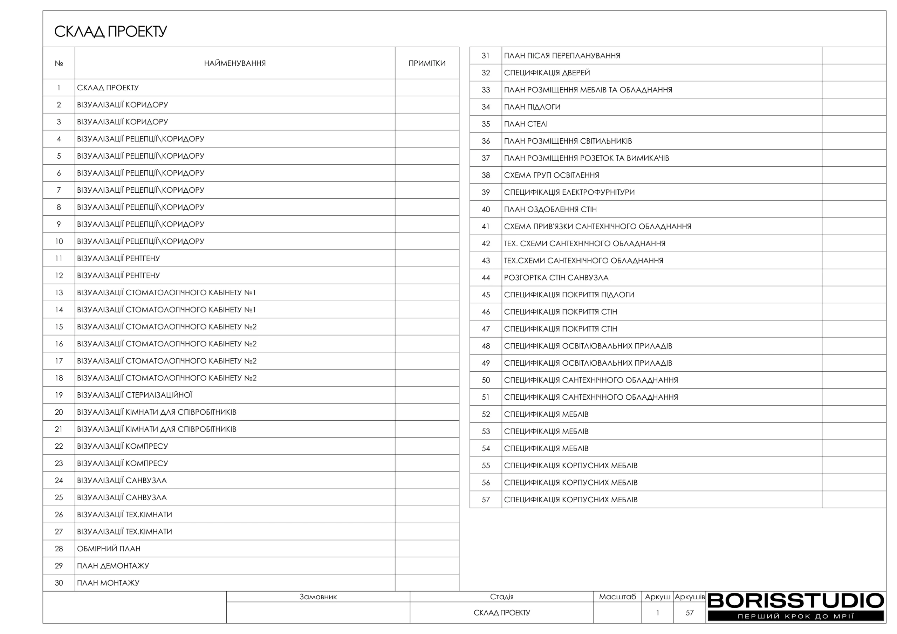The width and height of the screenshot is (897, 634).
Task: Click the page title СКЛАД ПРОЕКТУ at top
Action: [111, 32]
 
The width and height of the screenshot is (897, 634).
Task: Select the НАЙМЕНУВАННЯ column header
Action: [235, 63]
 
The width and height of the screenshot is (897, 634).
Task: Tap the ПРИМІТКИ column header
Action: [427, 63]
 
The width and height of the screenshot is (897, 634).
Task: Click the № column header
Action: [59, 63]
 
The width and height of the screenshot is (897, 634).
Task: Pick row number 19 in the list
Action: [59, 395]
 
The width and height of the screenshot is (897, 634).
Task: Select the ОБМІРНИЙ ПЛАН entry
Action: [109, 549]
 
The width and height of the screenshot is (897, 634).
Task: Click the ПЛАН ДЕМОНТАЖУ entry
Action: [113, 566]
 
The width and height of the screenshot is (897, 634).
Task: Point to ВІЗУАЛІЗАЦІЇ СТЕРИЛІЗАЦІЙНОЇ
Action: [135, 395]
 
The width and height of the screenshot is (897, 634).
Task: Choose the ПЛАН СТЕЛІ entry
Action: [526, 124]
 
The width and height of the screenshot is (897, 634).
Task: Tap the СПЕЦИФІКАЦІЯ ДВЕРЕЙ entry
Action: [547, 73]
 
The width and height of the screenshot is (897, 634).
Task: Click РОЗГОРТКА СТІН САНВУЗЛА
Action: [556, 278]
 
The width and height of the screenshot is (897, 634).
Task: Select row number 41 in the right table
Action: [486, 227]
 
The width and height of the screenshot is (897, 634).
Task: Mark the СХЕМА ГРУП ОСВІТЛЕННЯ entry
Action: [551, 175]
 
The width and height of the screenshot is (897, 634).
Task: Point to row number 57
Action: [486, 499]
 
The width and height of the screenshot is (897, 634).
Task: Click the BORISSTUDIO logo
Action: [795, 601]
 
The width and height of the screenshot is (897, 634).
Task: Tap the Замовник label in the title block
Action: [318, 597]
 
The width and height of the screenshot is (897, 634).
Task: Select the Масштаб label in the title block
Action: [617, 597]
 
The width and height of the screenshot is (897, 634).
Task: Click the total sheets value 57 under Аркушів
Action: [690, 613]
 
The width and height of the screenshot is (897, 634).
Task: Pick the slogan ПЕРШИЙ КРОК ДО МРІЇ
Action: [795, 616]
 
